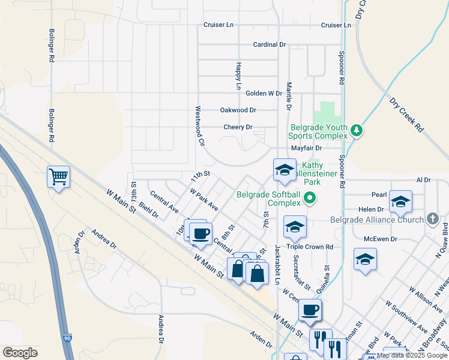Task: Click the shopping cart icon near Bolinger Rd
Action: coord(59,176)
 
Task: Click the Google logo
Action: coord(20,353)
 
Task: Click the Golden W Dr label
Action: coord(264,94)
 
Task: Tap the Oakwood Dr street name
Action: coord(238,110)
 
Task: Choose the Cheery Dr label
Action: coord(238,127)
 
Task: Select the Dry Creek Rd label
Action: coord(406,115)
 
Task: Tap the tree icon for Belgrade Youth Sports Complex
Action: coord(357,130)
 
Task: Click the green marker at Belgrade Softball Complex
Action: coord(310,197)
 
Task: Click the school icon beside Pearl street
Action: coord(400,202)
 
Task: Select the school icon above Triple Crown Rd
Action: coord(295,227)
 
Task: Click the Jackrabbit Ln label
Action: coord(278,265)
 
